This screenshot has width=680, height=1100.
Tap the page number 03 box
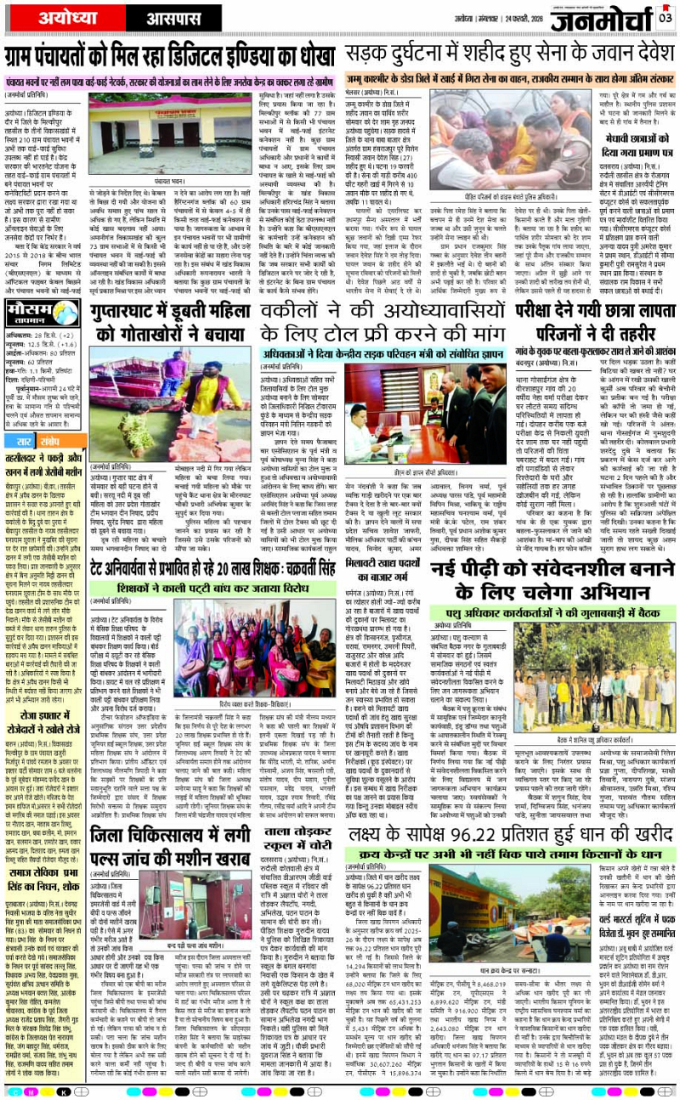click(x=665, y=14)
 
